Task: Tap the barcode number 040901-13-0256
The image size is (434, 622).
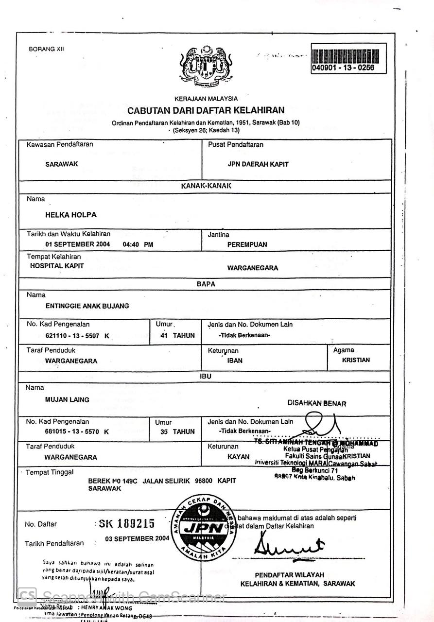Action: coord(343,68)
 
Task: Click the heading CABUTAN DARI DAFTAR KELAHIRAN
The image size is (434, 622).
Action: coord(206,110)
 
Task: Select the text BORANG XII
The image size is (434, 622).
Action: coord(46,49)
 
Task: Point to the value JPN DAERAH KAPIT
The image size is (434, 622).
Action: coord(258,164)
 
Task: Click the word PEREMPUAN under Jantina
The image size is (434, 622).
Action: coord(247,244)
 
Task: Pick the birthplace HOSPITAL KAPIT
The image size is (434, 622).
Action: coord(57,266)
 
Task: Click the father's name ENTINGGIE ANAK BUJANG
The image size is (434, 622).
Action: coord(87,306)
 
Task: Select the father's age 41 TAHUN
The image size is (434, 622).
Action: coord(177,335)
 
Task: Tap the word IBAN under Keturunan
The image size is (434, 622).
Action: coord(235,361)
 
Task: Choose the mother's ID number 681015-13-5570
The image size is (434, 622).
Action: coord(70,432)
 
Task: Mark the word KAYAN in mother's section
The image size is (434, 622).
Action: coord(238,457)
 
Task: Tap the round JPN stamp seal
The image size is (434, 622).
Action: coord(204,527)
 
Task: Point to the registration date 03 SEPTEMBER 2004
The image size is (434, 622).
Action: coord(137,538)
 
